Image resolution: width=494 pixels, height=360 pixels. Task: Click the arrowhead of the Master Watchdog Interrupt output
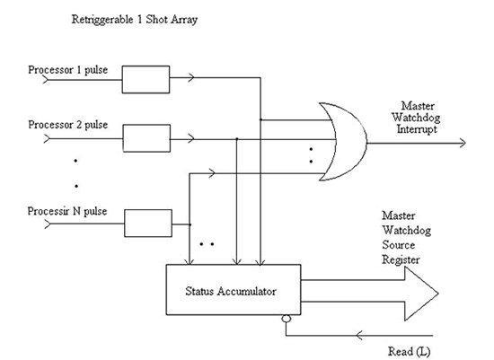460,141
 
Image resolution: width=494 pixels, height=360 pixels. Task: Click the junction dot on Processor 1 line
260,119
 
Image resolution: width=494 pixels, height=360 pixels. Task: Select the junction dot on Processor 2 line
235,139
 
